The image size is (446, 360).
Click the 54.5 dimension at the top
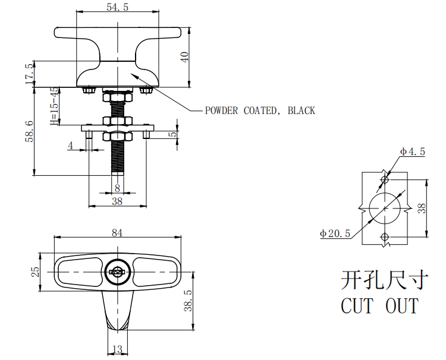[117, 7]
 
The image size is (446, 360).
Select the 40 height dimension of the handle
[185, 57]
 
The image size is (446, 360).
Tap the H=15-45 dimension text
[54, 107]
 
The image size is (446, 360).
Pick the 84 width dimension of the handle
[117, 233]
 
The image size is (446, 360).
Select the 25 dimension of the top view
[36, 271]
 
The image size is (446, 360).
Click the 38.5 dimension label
[188, 301]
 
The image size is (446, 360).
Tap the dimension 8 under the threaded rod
[117, 188]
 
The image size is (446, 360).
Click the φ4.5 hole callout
[412, 151]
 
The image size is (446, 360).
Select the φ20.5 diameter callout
[335, 233]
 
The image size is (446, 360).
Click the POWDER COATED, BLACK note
[260, 110]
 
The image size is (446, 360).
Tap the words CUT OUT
[379, 306]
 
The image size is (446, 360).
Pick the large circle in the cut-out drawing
[384, 208]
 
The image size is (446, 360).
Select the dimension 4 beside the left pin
[71, 145]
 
